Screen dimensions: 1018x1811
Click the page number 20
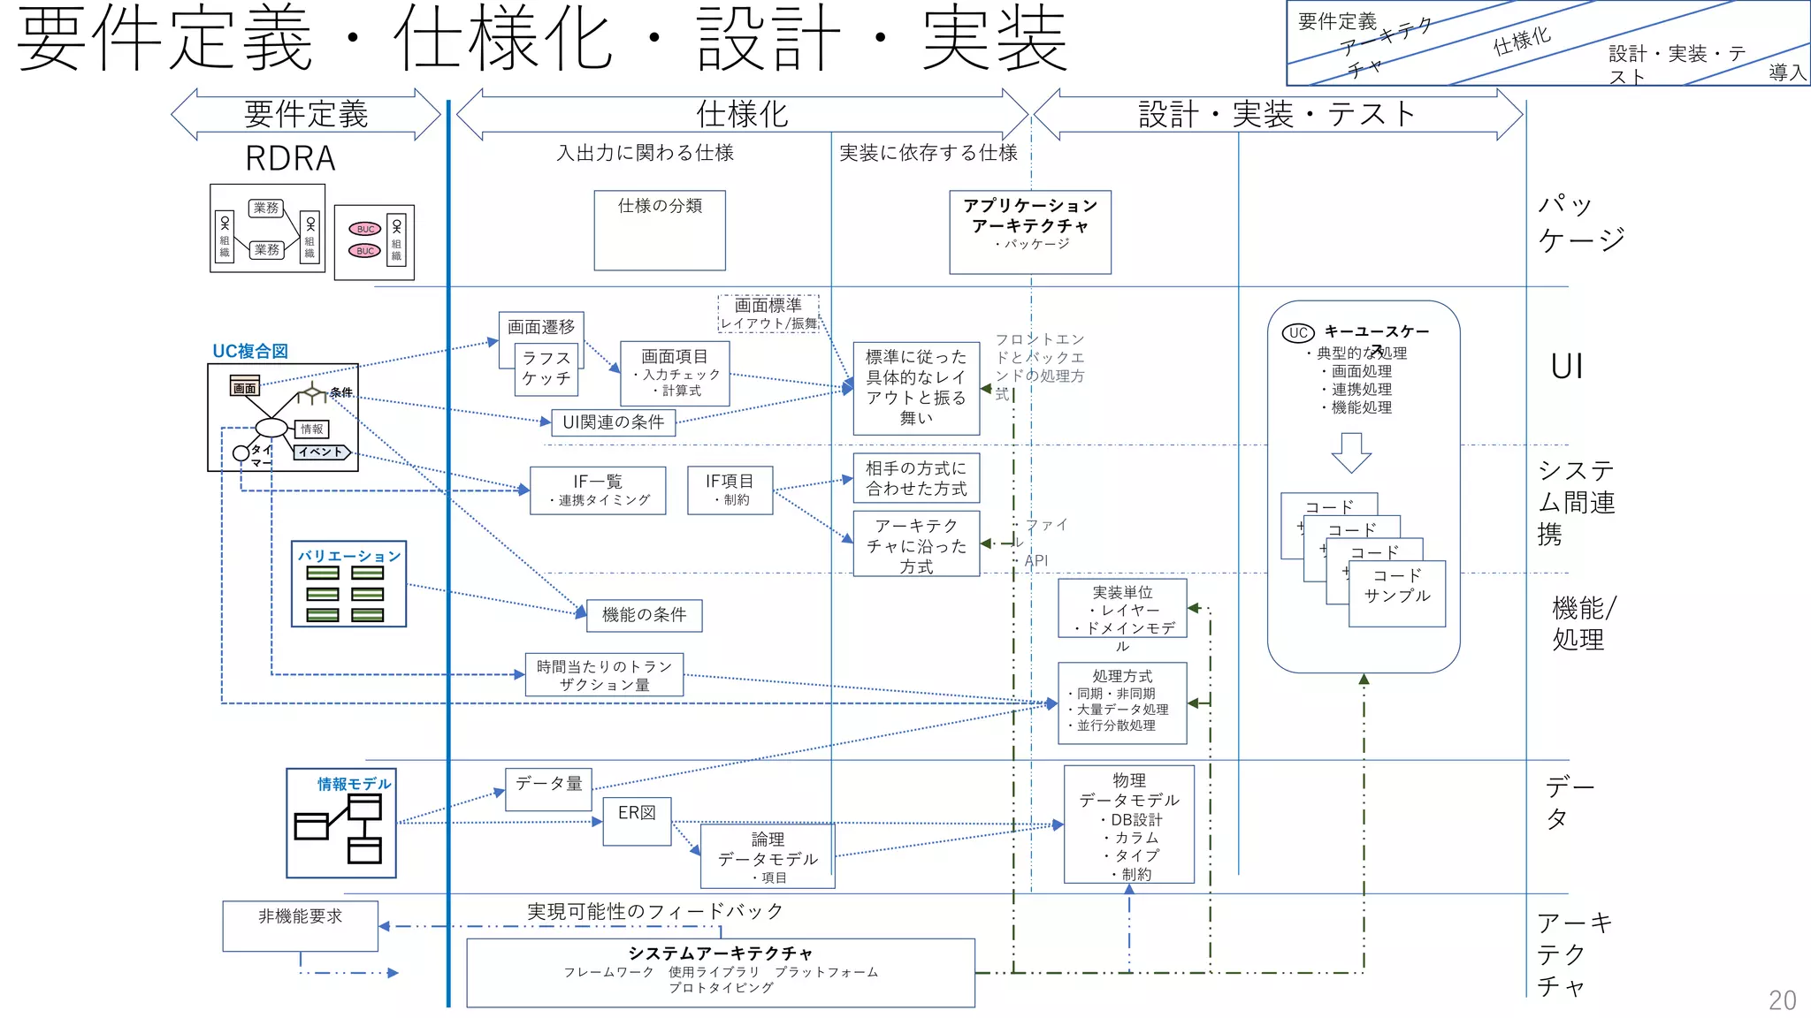click(1782, 999)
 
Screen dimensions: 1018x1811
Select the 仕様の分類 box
click(660, 230)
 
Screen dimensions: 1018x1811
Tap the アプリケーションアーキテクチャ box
click(1030, 232)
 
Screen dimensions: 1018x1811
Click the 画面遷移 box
click(540, 327)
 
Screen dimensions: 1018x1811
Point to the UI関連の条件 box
click(613, 422)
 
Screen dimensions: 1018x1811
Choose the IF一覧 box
click(598, 490)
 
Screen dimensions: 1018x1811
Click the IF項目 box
click(730, 490)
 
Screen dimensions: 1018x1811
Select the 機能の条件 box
click(644, 615)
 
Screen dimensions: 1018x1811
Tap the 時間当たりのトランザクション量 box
click(604, 675)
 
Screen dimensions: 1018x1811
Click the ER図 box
click(637, 821)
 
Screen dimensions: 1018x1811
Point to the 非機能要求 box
click(300, 925)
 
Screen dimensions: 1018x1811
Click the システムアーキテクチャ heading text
click(720, 953)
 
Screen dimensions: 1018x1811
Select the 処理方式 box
click(1122, 703)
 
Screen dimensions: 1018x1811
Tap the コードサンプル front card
click(1396, 594)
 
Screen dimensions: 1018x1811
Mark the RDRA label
click(290, 159)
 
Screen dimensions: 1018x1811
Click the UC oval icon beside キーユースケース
click(1298, 333)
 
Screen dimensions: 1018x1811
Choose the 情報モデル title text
click(354, 784)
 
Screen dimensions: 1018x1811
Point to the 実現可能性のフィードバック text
click(654, 911)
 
